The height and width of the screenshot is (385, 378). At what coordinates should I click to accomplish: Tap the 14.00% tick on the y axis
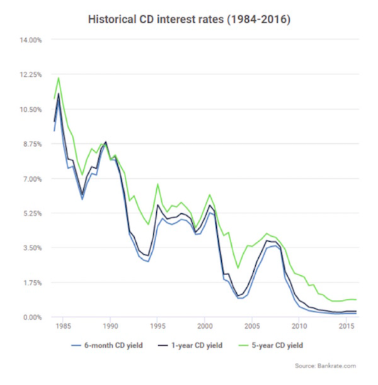(31, 40)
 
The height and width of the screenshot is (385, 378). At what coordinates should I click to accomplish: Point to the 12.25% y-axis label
(31, 75)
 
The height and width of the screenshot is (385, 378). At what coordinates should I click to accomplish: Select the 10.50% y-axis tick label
(31, 110)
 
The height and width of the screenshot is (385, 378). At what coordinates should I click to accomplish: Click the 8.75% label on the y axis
(33, 144)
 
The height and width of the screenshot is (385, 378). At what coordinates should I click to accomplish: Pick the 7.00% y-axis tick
(33, 179)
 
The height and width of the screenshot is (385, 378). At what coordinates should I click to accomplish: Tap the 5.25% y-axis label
(33, 213)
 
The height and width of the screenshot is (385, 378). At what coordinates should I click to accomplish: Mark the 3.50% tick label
(33, 248)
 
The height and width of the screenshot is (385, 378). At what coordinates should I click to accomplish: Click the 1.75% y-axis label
(33, 283)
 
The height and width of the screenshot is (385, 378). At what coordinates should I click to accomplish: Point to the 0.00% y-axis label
(33, 317)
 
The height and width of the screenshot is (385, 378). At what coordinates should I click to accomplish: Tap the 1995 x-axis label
(157, 326)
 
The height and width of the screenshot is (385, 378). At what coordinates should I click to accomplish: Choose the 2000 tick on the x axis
(205, 326)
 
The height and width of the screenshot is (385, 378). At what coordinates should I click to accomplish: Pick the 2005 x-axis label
(252, 326)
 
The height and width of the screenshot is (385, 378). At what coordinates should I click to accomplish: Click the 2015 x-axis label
(346, 326)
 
